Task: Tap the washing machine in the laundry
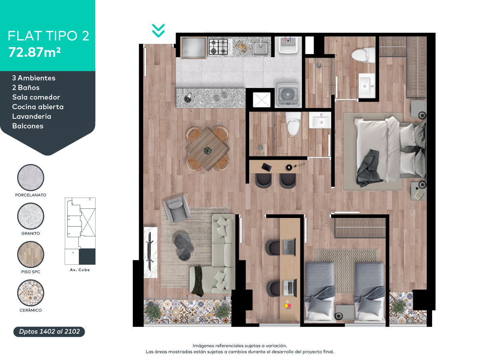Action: click(x=288, y=95)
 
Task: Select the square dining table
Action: click(x=207, y=150)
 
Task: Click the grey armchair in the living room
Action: click(x=176, y=209)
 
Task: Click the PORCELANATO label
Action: click(x=31, y=195)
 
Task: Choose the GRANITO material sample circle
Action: click(x=31, y=216)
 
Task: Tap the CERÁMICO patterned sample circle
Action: click(x=31, y=293)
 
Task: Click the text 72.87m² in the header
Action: click(x=34, y=52)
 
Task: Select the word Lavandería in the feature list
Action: click(x=32, y=116)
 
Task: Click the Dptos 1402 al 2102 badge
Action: click(x=49, y=332)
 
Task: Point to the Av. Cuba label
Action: click(x=80, y=270)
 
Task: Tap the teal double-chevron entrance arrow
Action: click(x=158, y=31)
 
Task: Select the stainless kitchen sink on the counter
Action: click(x=260, y=48)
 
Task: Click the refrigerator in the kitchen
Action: click(x=193, y=48)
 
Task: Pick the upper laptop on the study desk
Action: click(x=289, y=247)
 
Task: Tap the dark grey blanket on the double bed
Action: click(x=368, y=168)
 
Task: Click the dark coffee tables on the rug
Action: click(x=184, y=247)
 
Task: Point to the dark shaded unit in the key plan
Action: click(x=87, y=256)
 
